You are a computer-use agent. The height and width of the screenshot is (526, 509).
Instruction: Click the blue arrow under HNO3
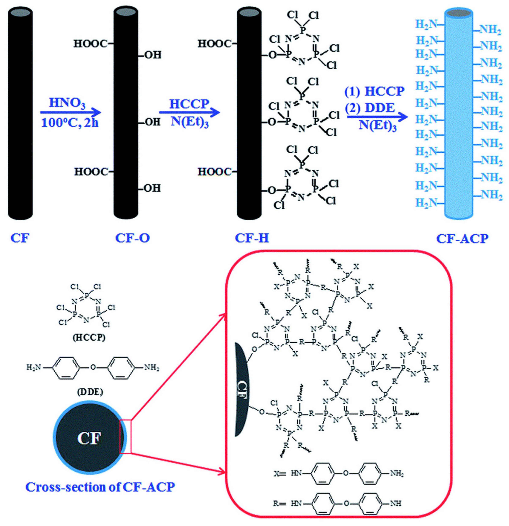point(70,112)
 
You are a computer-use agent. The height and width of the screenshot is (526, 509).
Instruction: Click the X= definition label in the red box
point(280,474)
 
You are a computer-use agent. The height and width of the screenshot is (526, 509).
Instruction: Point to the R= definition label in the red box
point(280,503)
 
